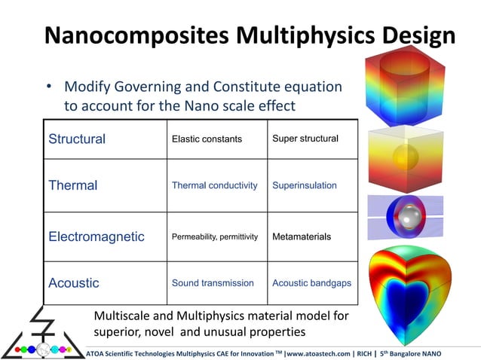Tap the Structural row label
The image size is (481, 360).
click(x=77, y=139)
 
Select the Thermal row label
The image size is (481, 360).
click(x=73, y=185)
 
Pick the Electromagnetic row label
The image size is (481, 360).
click(x=97, y=236)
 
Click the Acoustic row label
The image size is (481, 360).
click(x=74, y=283)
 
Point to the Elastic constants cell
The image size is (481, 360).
click(x=207, y=139)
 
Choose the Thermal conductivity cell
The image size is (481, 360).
click(x=214, y=185)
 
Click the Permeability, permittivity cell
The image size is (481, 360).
click(x=214, y=237)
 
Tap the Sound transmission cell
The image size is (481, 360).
click(x=213, y=283)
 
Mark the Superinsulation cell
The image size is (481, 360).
click(x=304, y=185)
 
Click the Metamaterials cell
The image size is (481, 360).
click(x=301, y=237)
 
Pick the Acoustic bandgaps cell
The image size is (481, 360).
click(x=311, y=283)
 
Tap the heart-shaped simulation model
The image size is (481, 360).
click(x=411, y=290)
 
